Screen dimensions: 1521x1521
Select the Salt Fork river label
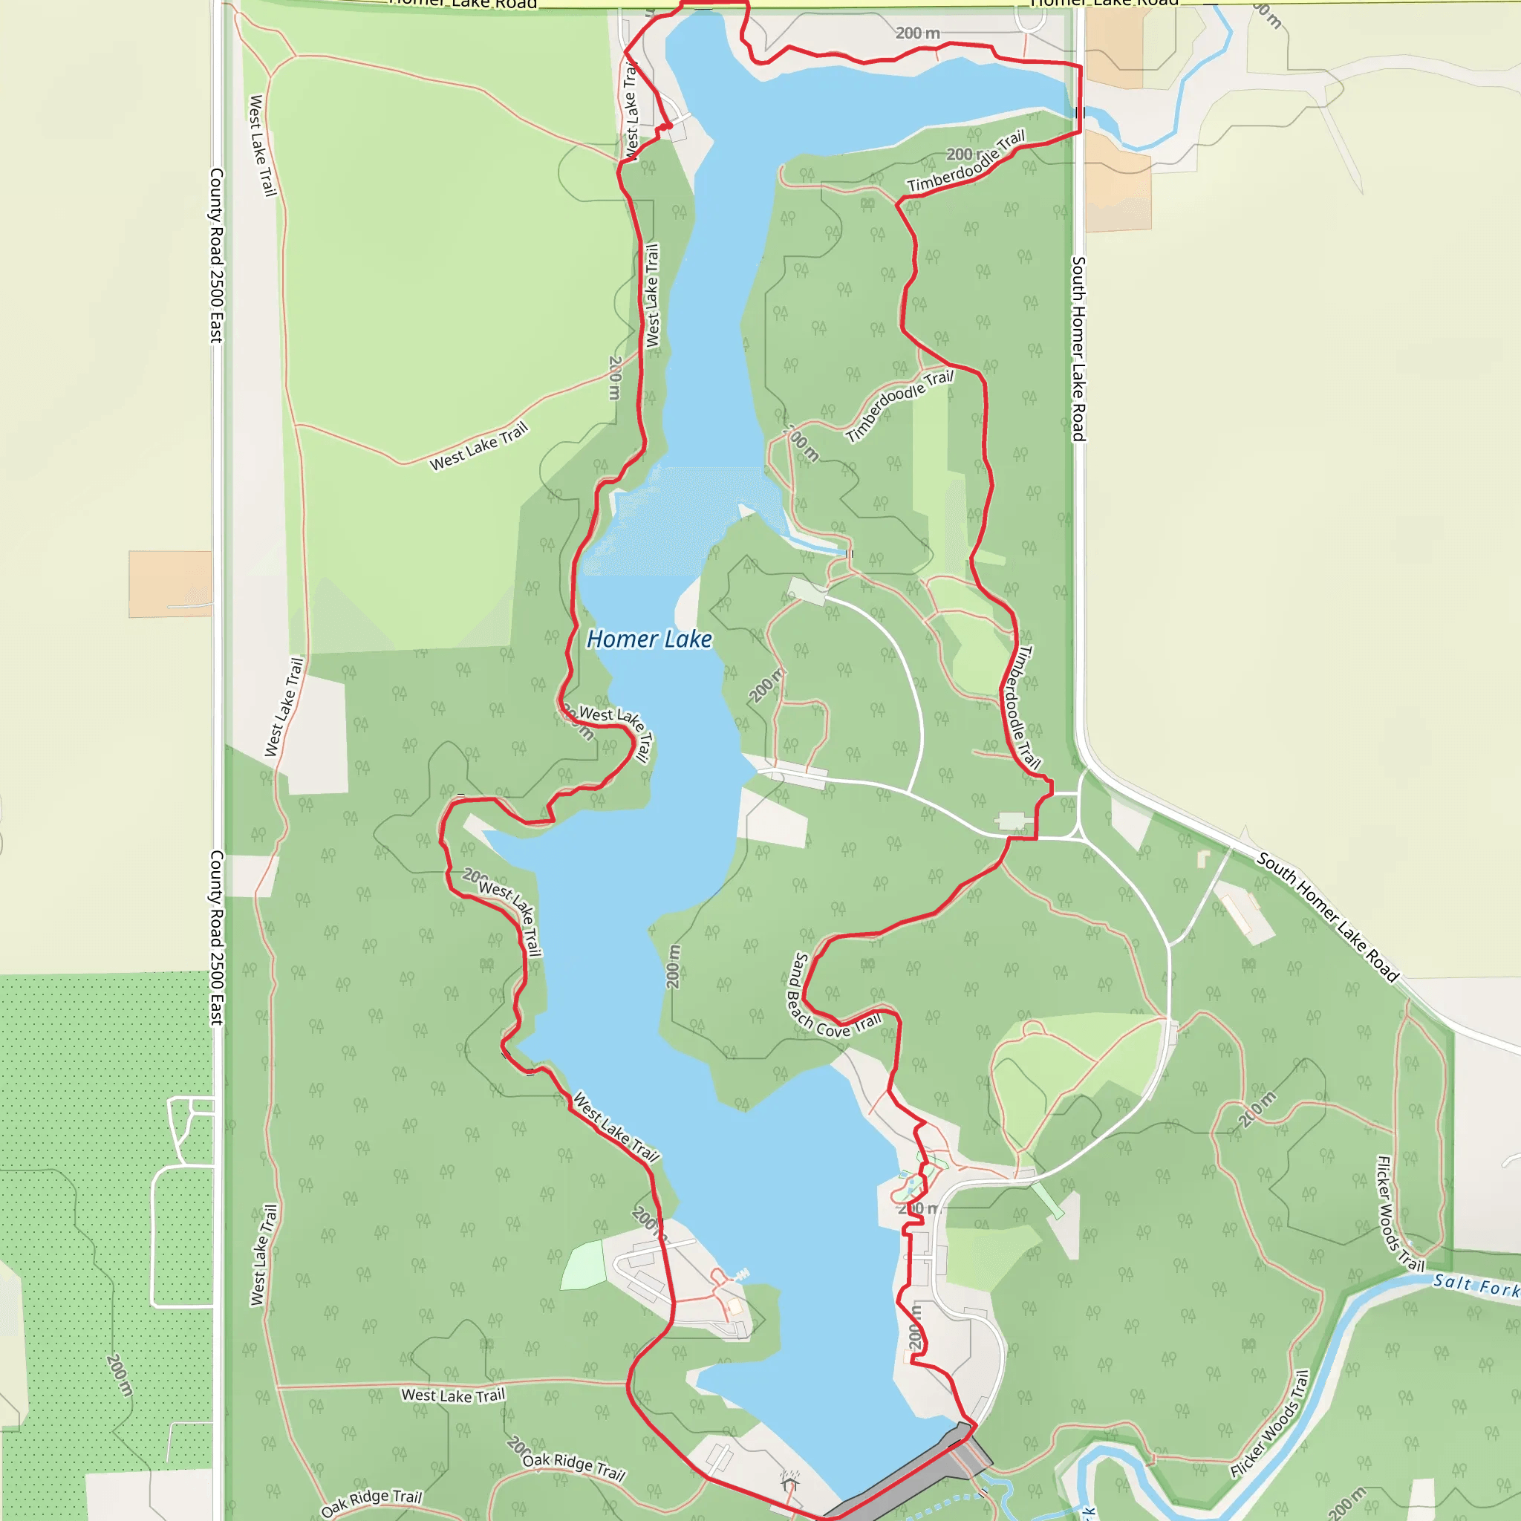point(1476,1285)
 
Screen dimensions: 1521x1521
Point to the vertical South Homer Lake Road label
point(1078,348)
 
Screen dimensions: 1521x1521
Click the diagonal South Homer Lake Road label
point(1327,918)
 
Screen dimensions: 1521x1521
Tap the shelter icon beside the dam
point(790,1482)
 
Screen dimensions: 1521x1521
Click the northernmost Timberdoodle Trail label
point(966,161)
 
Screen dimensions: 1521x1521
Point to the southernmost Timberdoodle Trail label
point(1021,707)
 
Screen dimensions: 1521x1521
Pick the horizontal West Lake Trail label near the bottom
point(453,1395)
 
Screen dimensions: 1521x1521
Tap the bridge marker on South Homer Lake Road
point(1080,113)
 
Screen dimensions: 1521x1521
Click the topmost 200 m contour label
point(917,33)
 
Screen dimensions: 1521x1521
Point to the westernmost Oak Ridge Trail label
point(371,1502)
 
